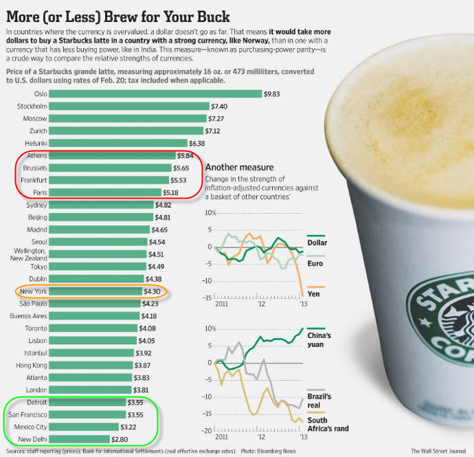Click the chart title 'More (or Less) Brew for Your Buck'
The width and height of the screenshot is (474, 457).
pyautogui.click(x=117, y=15)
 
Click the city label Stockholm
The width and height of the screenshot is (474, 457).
pyautogui.click(x=32, y=106)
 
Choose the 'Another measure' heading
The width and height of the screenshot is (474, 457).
pyautogui.click(x=240, y=167)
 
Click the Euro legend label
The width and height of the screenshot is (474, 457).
pyautogui.click(x=315, y=263)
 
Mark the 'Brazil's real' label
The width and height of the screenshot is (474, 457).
pyautogui.click(x=319, y=401)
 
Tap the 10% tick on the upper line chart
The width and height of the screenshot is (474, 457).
pyautogui.click(x=210, y=213)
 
